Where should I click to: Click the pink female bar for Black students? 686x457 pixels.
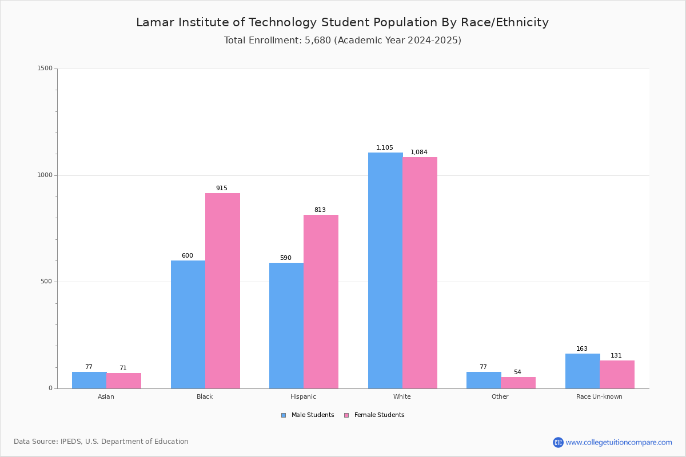pyautogui.click(x=222, y=291)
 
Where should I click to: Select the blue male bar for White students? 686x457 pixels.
pyautogui.click(x=385, y=271)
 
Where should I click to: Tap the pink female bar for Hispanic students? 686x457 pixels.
pyautogui.click(x=321, y=302)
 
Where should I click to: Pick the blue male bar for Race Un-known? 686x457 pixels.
pyautogui.click(x=583, y=371)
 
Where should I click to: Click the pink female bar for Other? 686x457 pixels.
pyautogui.click(x=518, y=383)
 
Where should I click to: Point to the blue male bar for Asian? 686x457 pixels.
pyautogui.click(x=89, y=380)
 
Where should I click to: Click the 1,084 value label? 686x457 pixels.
pyautogui.click(x=418, y=152)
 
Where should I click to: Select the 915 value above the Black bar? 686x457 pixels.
pyautogui.click(x=222, y=188)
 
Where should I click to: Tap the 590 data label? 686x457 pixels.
pyautogui.click(x=286, y=258)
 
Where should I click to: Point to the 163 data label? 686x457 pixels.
pyautogui.click(x=582, y=348)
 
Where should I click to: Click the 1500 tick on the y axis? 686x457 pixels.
pyautogui.click(x=45, y=68)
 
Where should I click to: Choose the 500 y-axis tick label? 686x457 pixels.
pyautogui.click(x=46, y=282)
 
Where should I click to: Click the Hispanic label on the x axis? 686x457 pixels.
pyautogui.click(x=303, y=396)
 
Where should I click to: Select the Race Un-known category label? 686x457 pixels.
pyautogui.click(x=599, y=396)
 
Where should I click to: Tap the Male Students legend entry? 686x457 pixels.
pyautogui.click(x=308, y=415)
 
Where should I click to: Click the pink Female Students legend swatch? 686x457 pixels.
pyautogui.click(x=346, y=415)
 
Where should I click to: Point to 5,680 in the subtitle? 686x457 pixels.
pyautogui.click(x=318, y=41)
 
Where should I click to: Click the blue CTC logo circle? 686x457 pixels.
pyautogui.click(x=558, y=442)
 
